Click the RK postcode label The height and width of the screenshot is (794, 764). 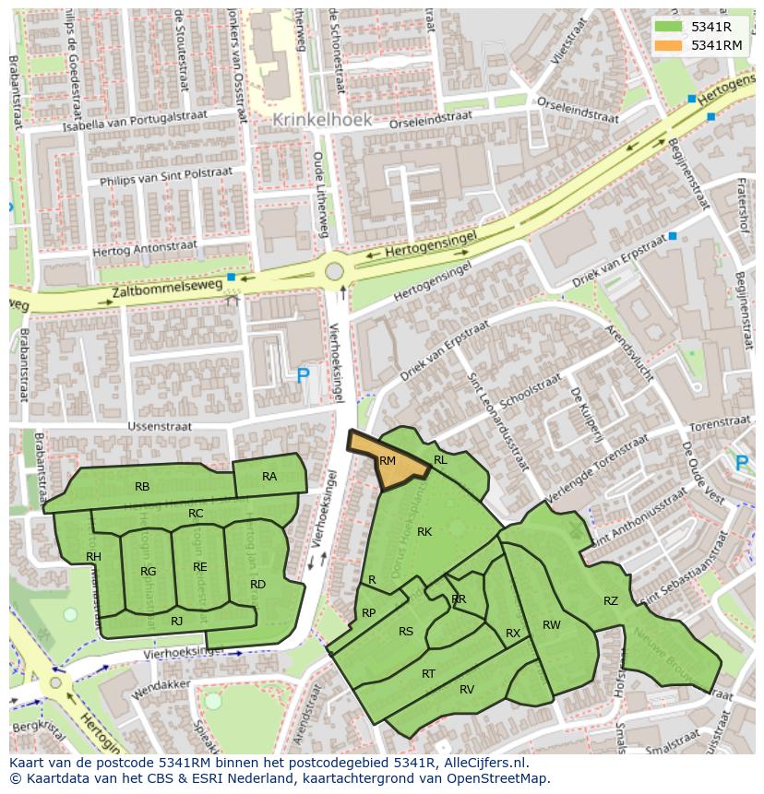[x=424, y=531]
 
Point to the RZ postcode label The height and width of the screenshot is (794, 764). [x=611, y=601]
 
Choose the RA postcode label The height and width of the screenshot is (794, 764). [x=269, y=477]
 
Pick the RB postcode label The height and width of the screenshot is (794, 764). [x=142, y=486]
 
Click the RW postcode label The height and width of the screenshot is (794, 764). [x=551, y=625]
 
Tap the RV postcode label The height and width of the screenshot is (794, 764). [x=467, y=689]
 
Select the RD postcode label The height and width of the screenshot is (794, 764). [x=257, y=584]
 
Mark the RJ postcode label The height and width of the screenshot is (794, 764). [x=176, y=621]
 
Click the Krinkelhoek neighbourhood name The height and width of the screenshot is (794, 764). [x=322, y=120]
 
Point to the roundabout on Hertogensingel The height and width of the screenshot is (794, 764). [x=334, y=272]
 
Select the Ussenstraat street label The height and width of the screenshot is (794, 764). [x=161, y=427]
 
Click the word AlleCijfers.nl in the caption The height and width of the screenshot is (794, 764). [x=481, y=763]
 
